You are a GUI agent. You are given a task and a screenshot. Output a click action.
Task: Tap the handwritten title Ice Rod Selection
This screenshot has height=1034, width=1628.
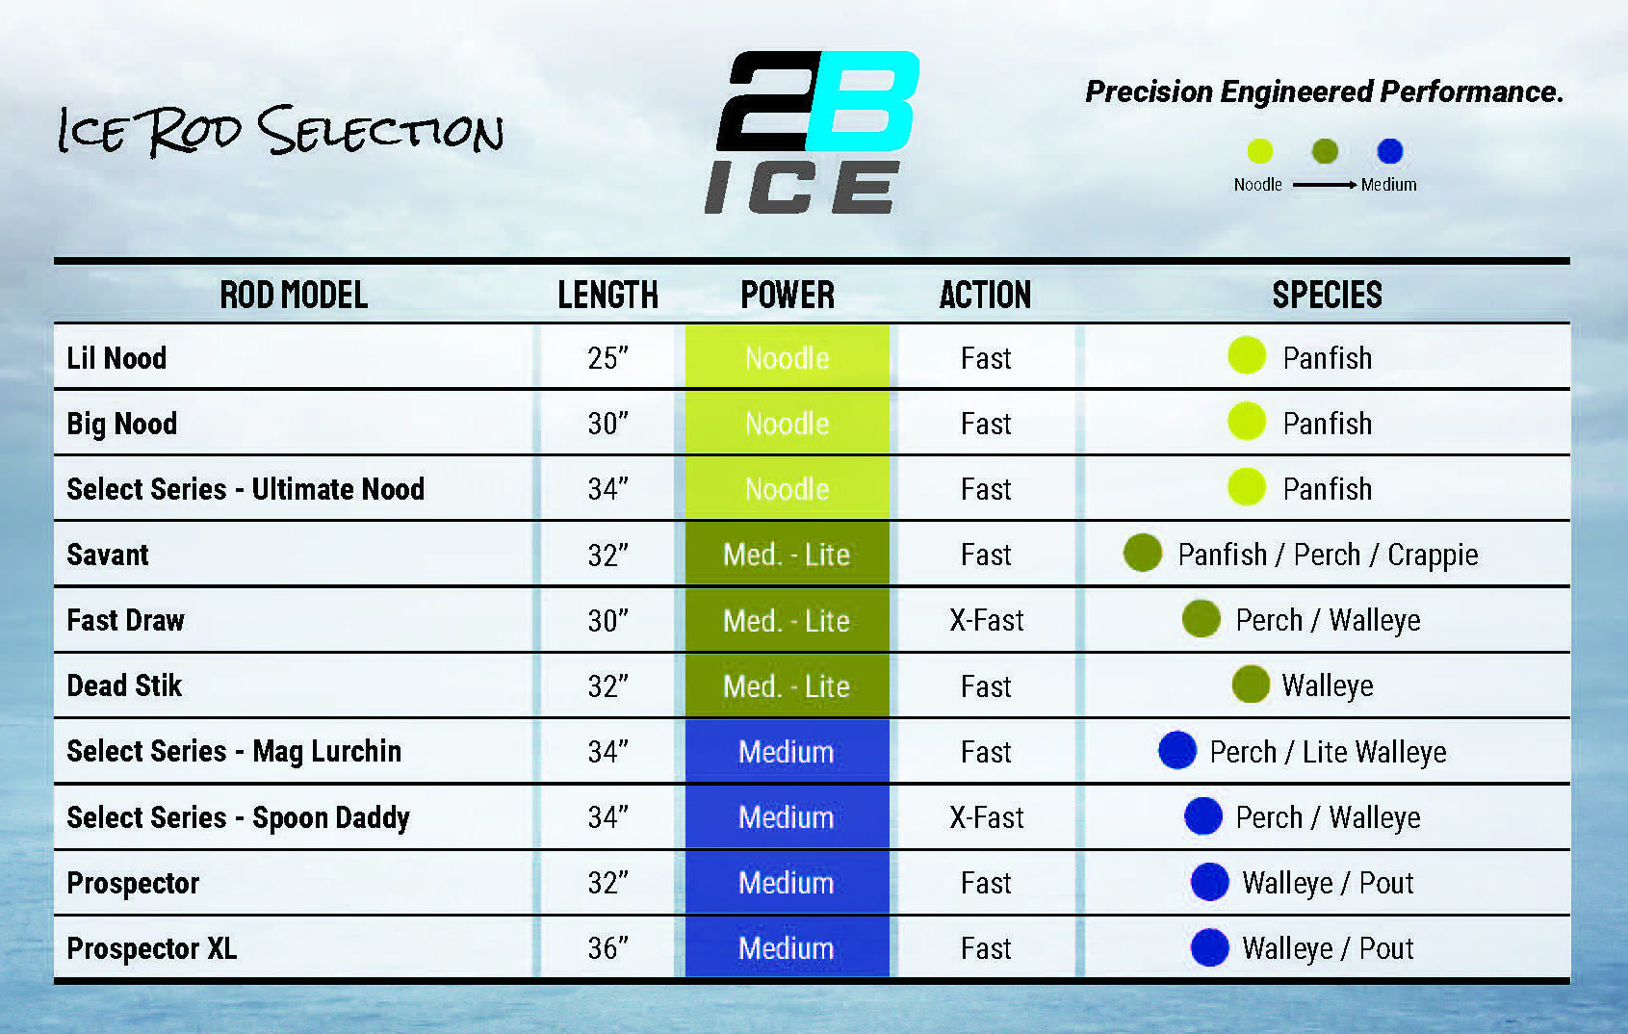[280, 131]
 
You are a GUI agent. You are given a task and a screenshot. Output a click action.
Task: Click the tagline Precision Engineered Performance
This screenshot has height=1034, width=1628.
[1324, 92]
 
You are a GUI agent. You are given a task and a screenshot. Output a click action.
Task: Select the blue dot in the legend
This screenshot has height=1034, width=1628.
[1389, 151]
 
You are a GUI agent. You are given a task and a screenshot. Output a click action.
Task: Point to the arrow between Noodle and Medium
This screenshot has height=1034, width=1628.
[1324, 185]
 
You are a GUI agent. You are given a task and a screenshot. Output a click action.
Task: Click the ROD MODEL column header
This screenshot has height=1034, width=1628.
[294, 295]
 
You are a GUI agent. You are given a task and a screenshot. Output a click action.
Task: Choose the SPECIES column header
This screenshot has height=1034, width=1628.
[1327, 295]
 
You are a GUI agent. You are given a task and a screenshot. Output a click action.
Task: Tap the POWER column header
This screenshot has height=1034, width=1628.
[788, 295]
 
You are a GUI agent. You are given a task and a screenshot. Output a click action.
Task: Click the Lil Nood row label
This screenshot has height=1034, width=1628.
[116, 358]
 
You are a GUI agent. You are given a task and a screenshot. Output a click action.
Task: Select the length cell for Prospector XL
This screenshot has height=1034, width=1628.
[607, 948]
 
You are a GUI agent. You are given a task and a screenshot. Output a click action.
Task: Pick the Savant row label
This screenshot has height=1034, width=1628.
[108, 556]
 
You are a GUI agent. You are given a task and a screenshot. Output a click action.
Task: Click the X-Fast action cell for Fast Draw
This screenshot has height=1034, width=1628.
[986, 621]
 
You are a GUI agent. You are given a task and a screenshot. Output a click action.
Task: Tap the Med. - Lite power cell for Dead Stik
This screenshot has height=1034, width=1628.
[788, 685]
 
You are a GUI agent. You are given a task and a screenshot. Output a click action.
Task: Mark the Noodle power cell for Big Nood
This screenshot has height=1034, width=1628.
[788, 423]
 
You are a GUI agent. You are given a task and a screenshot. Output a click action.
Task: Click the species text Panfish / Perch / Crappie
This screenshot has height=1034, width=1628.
[1328, 556]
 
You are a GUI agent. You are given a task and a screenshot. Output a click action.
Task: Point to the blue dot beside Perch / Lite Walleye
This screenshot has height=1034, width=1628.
[1177, 751]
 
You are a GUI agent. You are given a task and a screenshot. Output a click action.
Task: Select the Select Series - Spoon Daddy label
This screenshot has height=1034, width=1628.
[239, 818]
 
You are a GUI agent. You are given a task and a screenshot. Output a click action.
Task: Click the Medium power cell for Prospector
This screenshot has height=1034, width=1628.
[788, 883]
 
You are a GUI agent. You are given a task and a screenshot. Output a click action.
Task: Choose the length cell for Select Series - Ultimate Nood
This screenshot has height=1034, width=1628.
[607, 489]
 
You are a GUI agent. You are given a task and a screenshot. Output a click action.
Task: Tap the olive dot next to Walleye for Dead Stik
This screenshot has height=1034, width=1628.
[1251, 685]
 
